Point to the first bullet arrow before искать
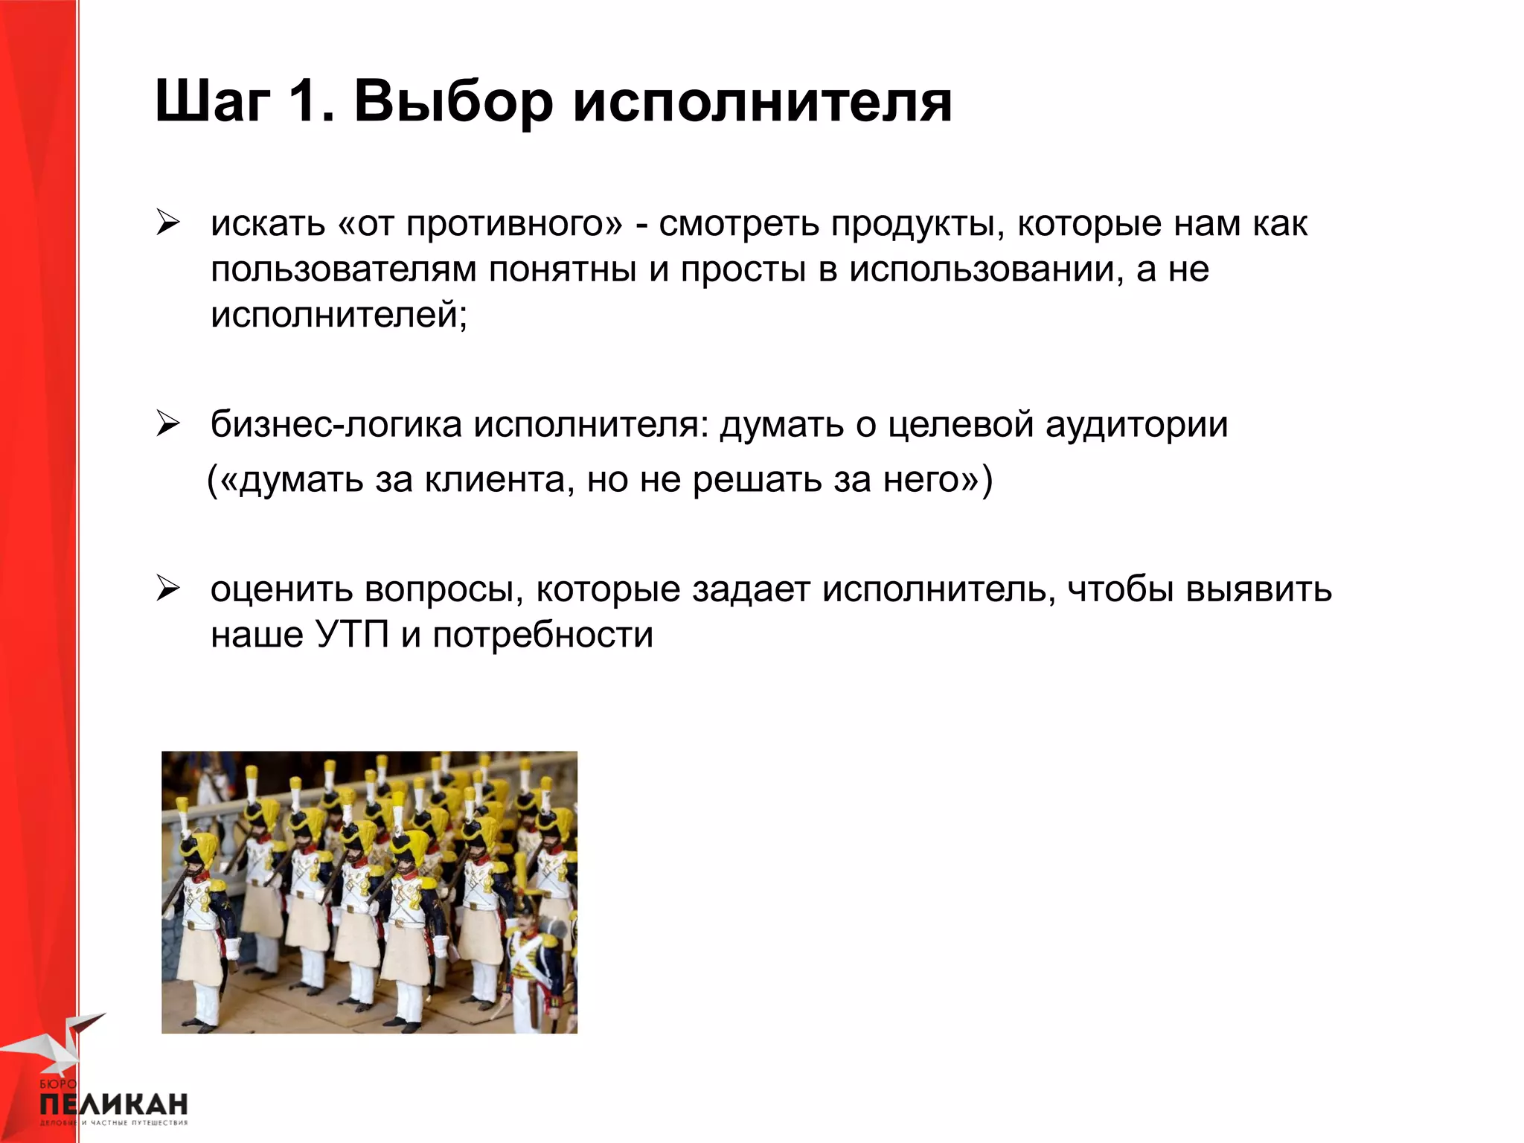tap(168, 222)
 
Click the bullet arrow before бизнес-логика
tap(168, 423)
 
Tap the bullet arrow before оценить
tap(168, 589)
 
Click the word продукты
tap(913, 224)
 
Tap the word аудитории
tap(1136, 425)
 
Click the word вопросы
tap(440, 590)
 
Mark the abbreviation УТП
tap(352, 635)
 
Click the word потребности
tap(542, 635)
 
